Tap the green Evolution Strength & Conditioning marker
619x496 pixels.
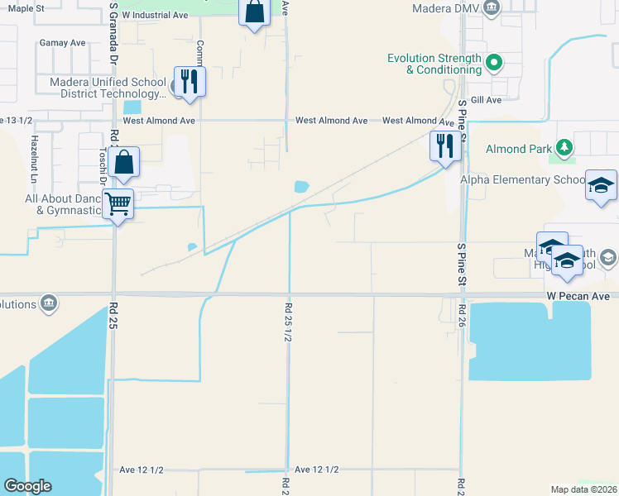point(494,61)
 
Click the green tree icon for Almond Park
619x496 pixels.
point(564,148)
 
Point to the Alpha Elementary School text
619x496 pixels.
point(534,179)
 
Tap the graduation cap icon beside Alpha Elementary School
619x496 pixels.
point(601,186)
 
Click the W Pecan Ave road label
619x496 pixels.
point(578,295)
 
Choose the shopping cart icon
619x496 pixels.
point(118,203)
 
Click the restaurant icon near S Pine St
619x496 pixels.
point(445,145)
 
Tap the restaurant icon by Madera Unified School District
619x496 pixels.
point(190,81)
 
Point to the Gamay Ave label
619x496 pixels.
point(62,42)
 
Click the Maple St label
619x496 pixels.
point(25,7)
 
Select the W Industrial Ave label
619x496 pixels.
point(155,15)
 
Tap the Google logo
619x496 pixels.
point(27,486)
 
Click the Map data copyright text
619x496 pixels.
point(583,489)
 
